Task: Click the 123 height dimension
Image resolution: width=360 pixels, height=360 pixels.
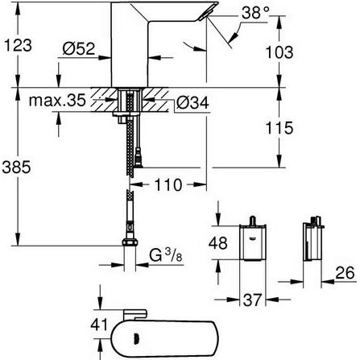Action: click(x=18, y=45)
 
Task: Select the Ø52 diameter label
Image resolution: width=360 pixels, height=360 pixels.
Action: click(x=79, y=49)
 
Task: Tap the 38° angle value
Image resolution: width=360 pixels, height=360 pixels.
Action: click(x=255, y=13)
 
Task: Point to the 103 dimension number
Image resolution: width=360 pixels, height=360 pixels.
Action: click(x=279, y=52)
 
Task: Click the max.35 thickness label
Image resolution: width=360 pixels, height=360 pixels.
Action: click(x=57, y=100)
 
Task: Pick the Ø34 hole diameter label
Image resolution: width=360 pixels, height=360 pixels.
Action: click(x=192, y=103)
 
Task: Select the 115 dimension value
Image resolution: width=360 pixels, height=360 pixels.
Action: click(x=279, y=128)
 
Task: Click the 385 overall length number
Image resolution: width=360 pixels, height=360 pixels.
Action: click(x=16, y=168)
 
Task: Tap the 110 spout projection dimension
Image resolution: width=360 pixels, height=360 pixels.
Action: click(x=168, y=185)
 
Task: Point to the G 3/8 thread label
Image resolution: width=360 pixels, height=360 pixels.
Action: click(x=166, y=255)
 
